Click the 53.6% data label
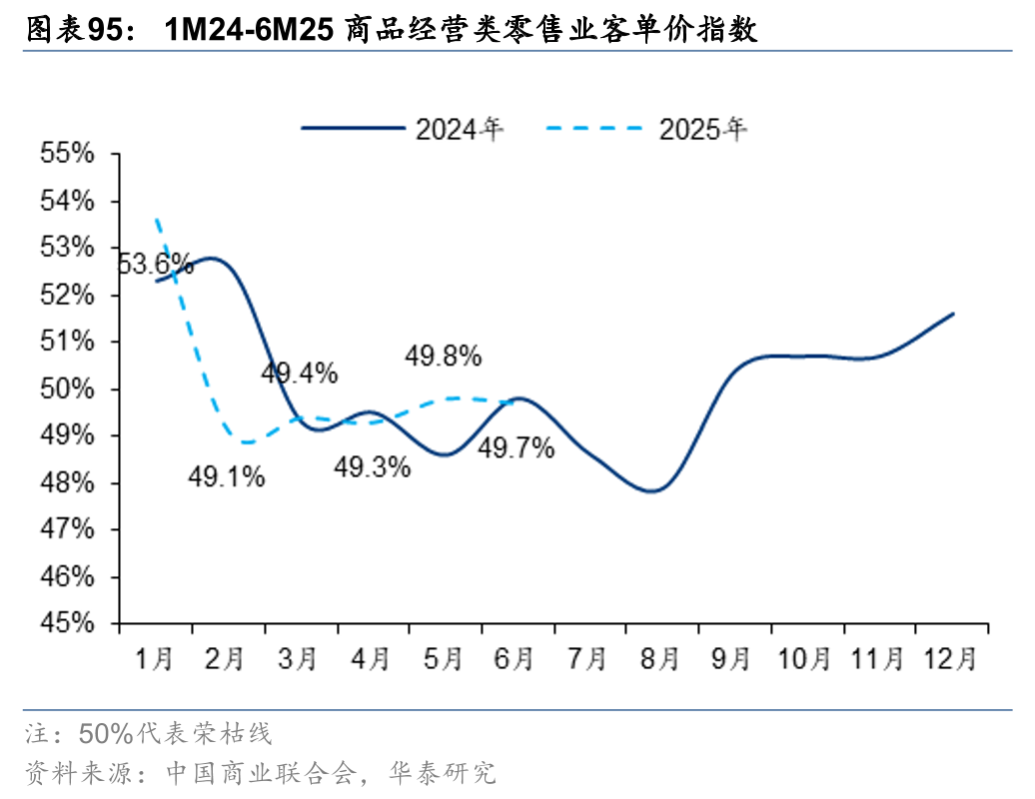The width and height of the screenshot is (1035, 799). [x=155, y=264]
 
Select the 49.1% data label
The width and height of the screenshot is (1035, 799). [x=227, y=477]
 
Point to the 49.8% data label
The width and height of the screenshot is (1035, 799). [x=444, y=356]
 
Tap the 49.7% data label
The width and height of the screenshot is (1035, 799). [x=516, y=448]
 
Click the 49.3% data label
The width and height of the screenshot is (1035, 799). [x=372, y=466]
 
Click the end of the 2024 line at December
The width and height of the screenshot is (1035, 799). [x=953, y=314]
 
